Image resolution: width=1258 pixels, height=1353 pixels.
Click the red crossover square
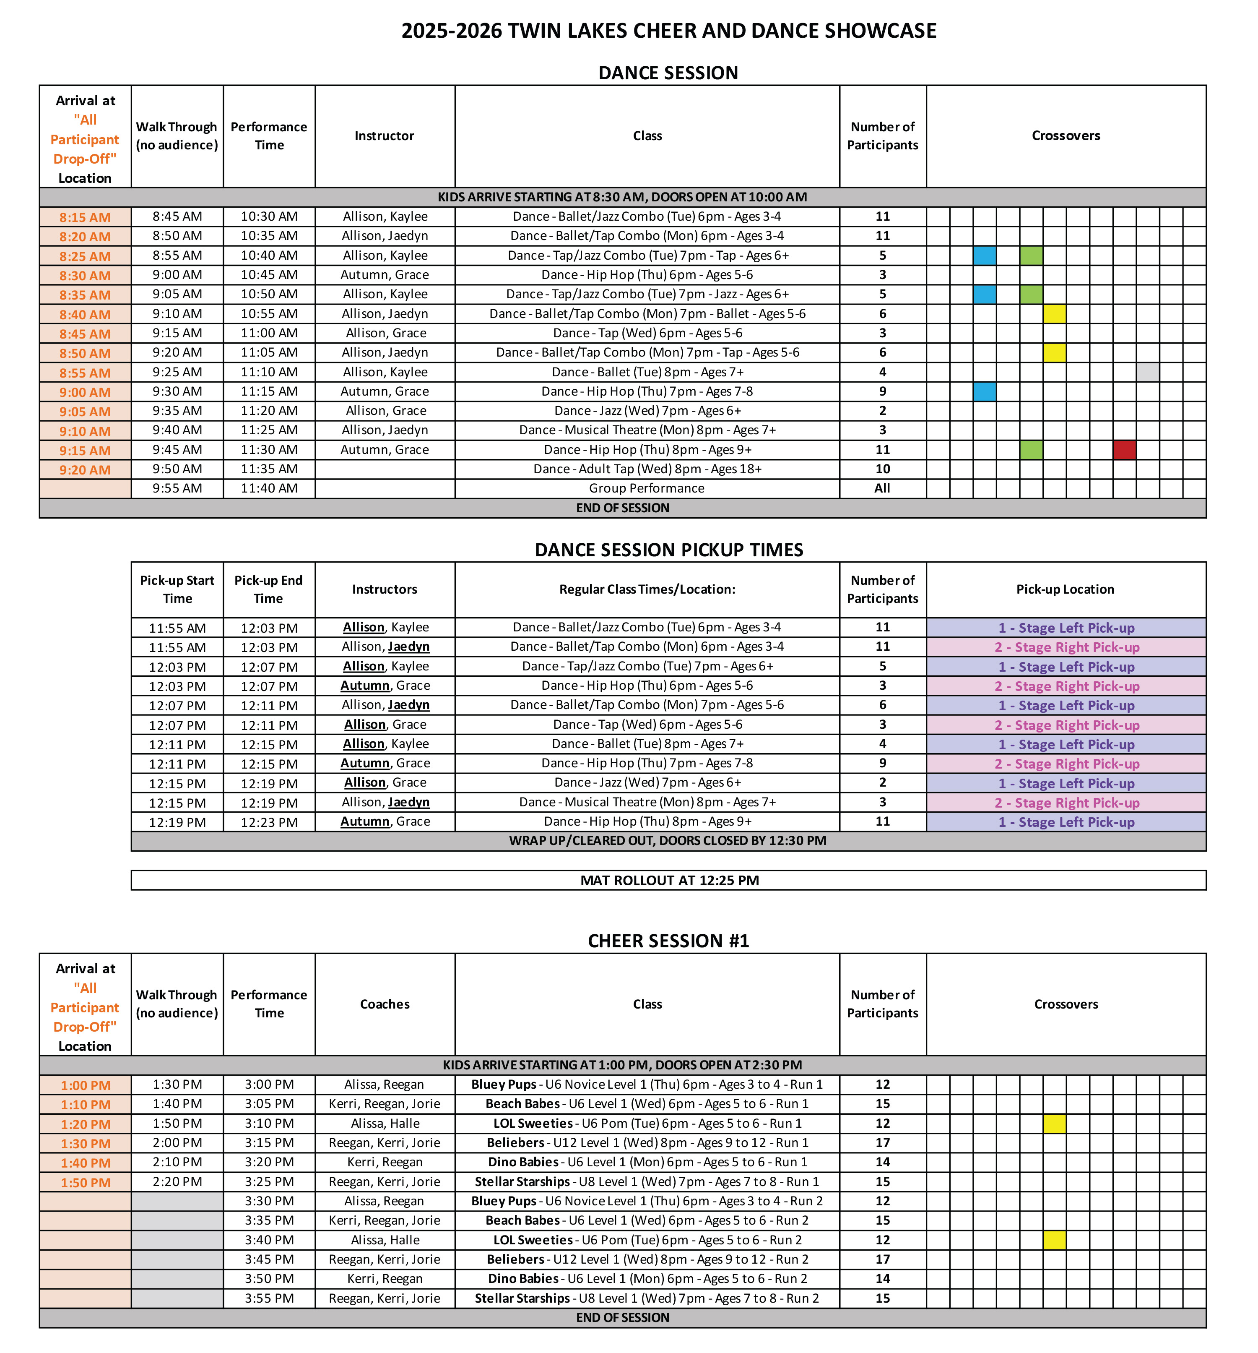[x=1124, y=450]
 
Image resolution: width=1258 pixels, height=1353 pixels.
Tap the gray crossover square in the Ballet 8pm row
[x=1147, y=372]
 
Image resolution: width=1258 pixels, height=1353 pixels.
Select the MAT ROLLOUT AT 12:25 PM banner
[x=669, y=880]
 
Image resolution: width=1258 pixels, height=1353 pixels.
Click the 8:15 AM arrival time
[x=85, y=217]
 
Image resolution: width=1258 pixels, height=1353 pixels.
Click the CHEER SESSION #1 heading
[x=668, y=941]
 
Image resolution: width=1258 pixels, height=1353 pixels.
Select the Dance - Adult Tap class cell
[x=647, y=469]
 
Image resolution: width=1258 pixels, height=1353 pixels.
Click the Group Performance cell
[x=647, y=488]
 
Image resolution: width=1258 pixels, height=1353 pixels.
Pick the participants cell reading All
[x=882, y=488]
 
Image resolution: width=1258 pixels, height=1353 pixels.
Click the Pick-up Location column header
[x=1065, y=589]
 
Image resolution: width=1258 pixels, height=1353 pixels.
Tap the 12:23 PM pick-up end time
[x=269, y=822]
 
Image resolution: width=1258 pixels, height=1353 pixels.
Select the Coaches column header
[x=385, y=1004]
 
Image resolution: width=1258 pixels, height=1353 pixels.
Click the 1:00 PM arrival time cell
[x=85, y=1085]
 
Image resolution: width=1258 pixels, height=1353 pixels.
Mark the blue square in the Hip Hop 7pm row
[x=985, y=391]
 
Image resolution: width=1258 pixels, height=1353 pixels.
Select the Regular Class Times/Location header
[x=647, y=589]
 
